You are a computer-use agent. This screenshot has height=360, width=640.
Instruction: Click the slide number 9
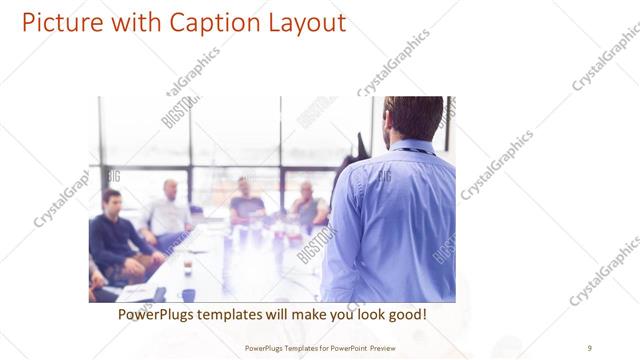(589, 347)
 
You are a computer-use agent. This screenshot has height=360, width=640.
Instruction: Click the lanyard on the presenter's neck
(413, 150)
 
